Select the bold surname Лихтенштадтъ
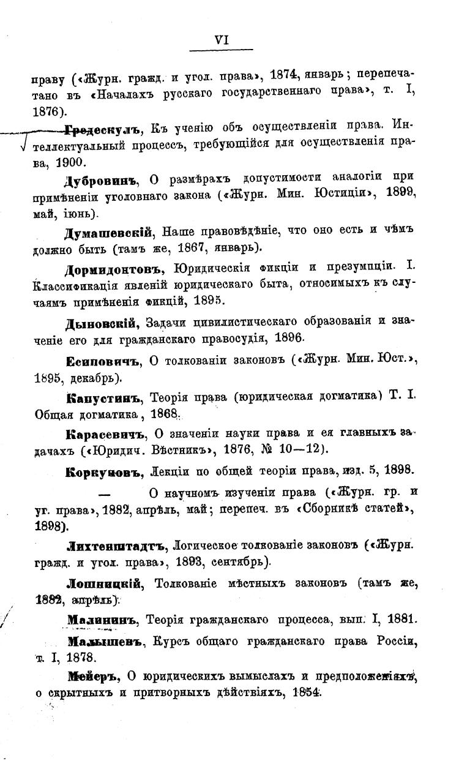coord(116,544)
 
